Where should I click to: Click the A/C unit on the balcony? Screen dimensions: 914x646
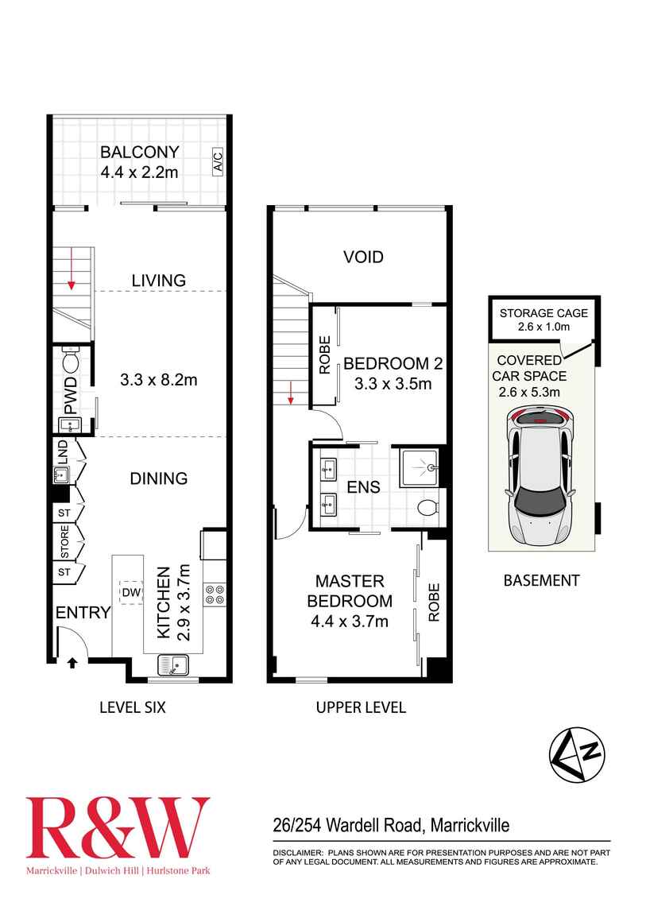[x=217, y=162]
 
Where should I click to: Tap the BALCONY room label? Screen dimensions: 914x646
[x=140, y=152]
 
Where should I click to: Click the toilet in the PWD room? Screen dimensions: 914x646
[x=69, y=362]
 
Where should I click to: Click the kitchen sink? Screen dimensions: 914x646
[x=172, y=664]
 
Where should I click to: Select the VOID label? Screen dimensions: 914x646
[x=363, y=257]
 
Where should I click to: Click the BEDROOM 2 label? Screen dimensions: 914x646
[x=393, y=364]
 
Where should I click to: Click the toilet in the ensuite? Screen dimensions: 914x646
[x=427, y=508]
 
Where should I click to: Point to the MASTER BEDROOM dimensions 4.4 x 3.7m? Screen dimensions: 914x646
[x=350, y=622]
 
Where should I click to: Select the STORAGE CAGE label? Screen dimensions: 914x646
[x=543, y=312]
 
